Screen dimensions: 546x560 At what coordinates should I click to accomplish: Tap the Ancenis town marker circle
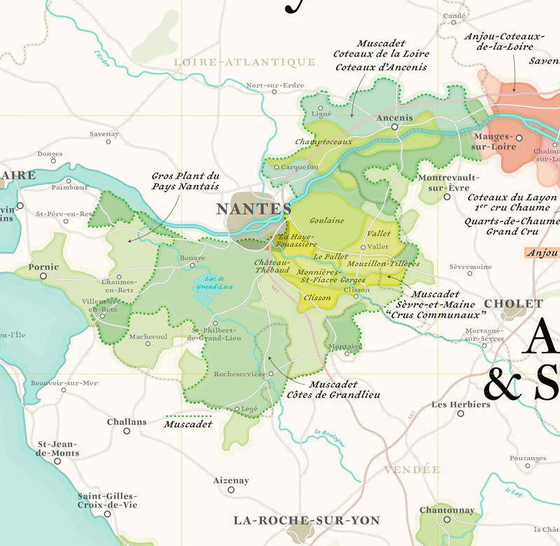[395, 127]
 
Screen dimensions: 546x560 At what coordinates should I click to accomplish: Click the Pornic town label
[43, 267]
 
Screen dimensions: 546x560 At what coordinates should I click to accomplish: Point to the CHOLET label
[514, 303]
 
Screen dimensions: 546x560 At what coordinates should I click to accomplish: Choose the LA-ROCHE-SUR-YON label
[307, 520]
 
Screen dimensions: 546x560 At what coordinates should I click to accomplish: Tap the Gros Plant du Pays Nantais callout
[185, 181]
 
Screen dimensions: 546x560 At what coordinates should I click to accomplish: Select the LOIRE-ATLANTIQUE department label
[244, 62]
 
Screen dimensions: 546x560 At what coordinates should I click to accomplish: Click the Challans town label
[127, 421]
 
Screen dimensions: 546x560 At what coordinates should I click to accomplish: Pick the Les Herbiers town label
[461, 404]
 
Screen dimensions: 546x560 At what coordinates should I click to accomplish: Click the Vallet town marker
[363, 246]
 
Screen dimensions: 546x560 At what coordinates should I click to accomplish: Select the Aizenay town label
[231, 480]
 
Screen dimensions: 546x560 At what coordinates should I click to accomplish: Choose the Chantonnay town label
[447, 510]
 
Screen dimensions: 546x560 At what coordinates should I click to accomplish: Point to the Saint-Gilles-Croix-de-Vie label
[107, 500]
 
